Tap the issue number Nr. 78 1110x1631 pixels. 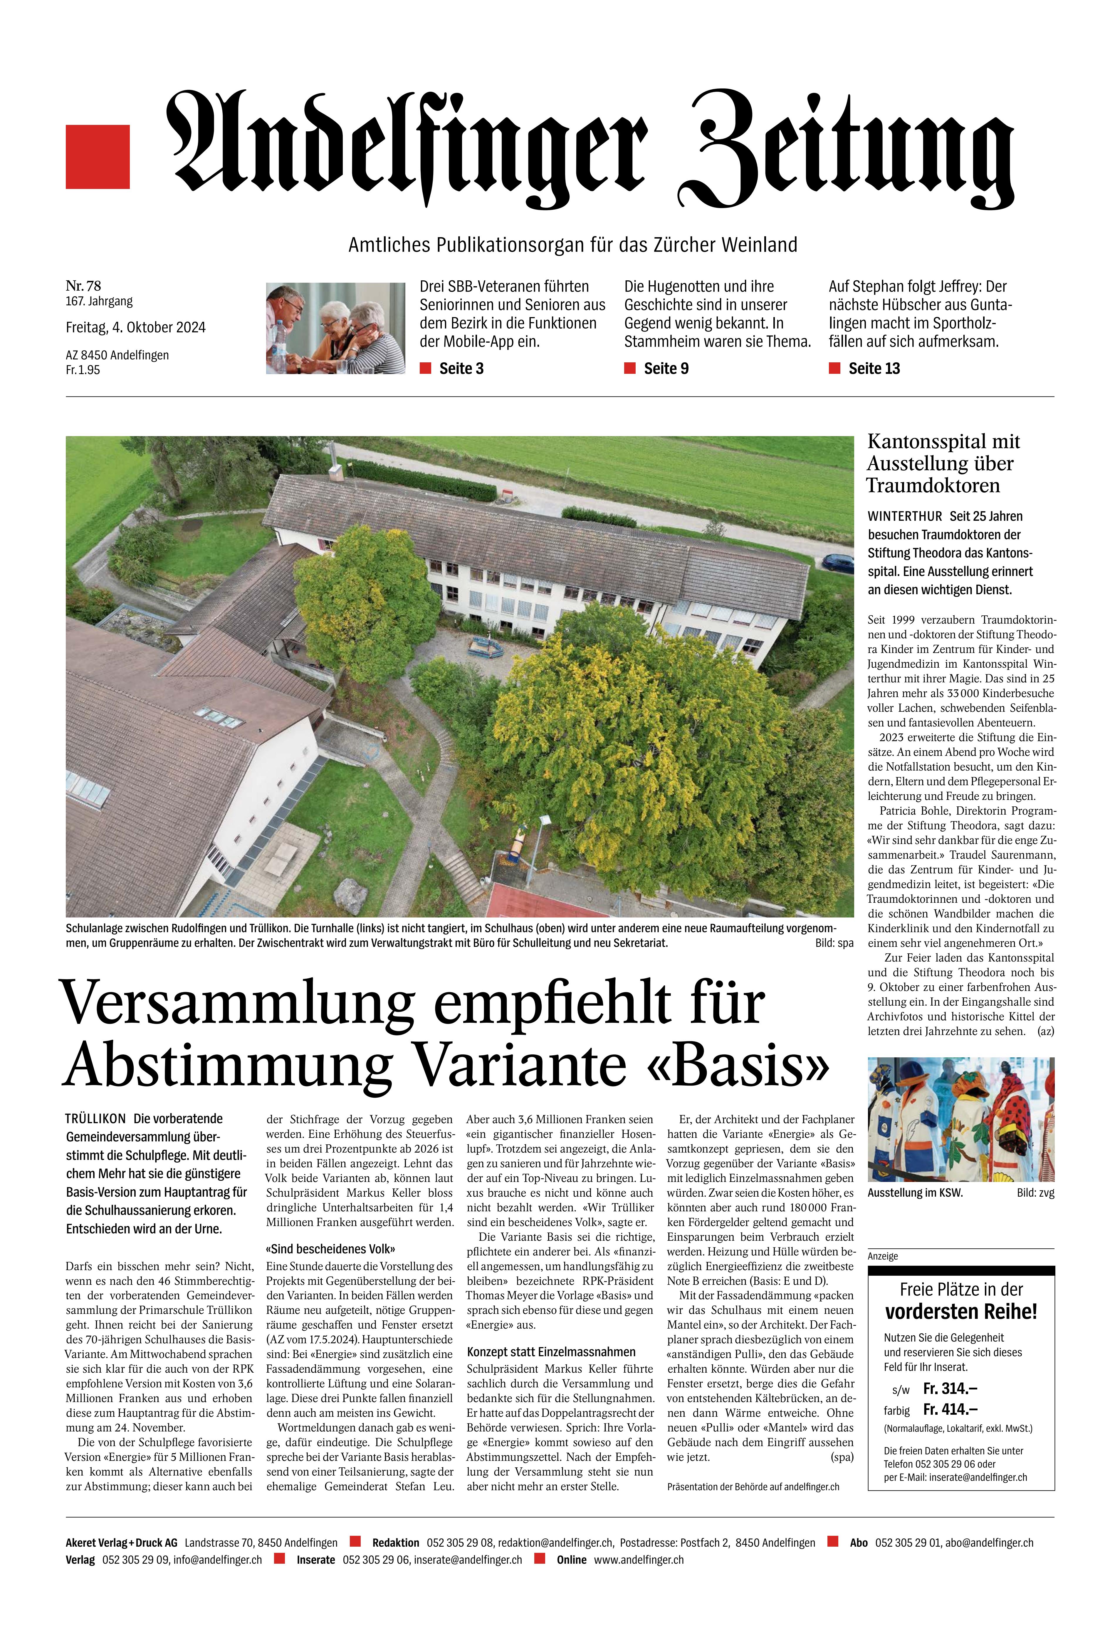click(x=83, y=286)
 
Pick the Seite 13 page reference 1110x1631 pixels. click(x=874, y=369)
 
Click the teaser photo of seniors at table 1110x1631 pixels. click(x=335, y=328)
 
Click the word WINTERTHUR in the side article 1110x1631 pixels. click(x=904, y=516)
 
